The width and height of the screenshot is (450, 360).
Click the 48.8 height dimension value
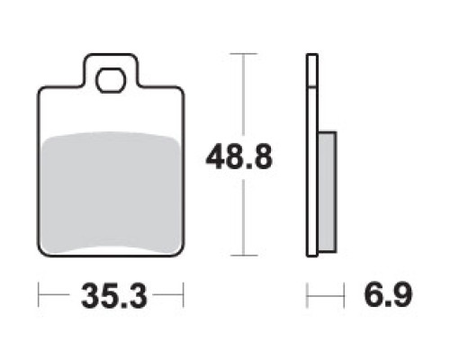point(238,157)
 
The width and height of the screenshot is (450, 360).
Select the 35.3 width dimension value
point(114,296)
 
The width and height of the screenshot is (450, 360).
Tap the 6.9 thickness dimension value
point(388,294)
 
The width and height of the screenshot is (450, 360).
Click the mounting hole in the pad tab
point(111,80)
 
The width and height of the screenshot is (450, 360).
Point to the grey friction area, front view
point(111,192)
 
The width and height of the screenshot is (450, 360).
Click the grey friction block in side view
point(327,192)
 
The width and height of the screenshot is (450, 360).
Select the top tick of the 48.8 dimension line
point(243,54)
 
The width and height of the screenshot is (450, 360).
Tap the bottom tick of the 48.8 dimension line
point(244,256)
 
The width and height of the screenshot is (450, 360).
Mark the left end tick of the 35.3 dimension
point(39,295)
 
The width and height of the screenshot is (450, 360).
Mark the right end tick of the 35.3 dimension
point(183,295)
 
